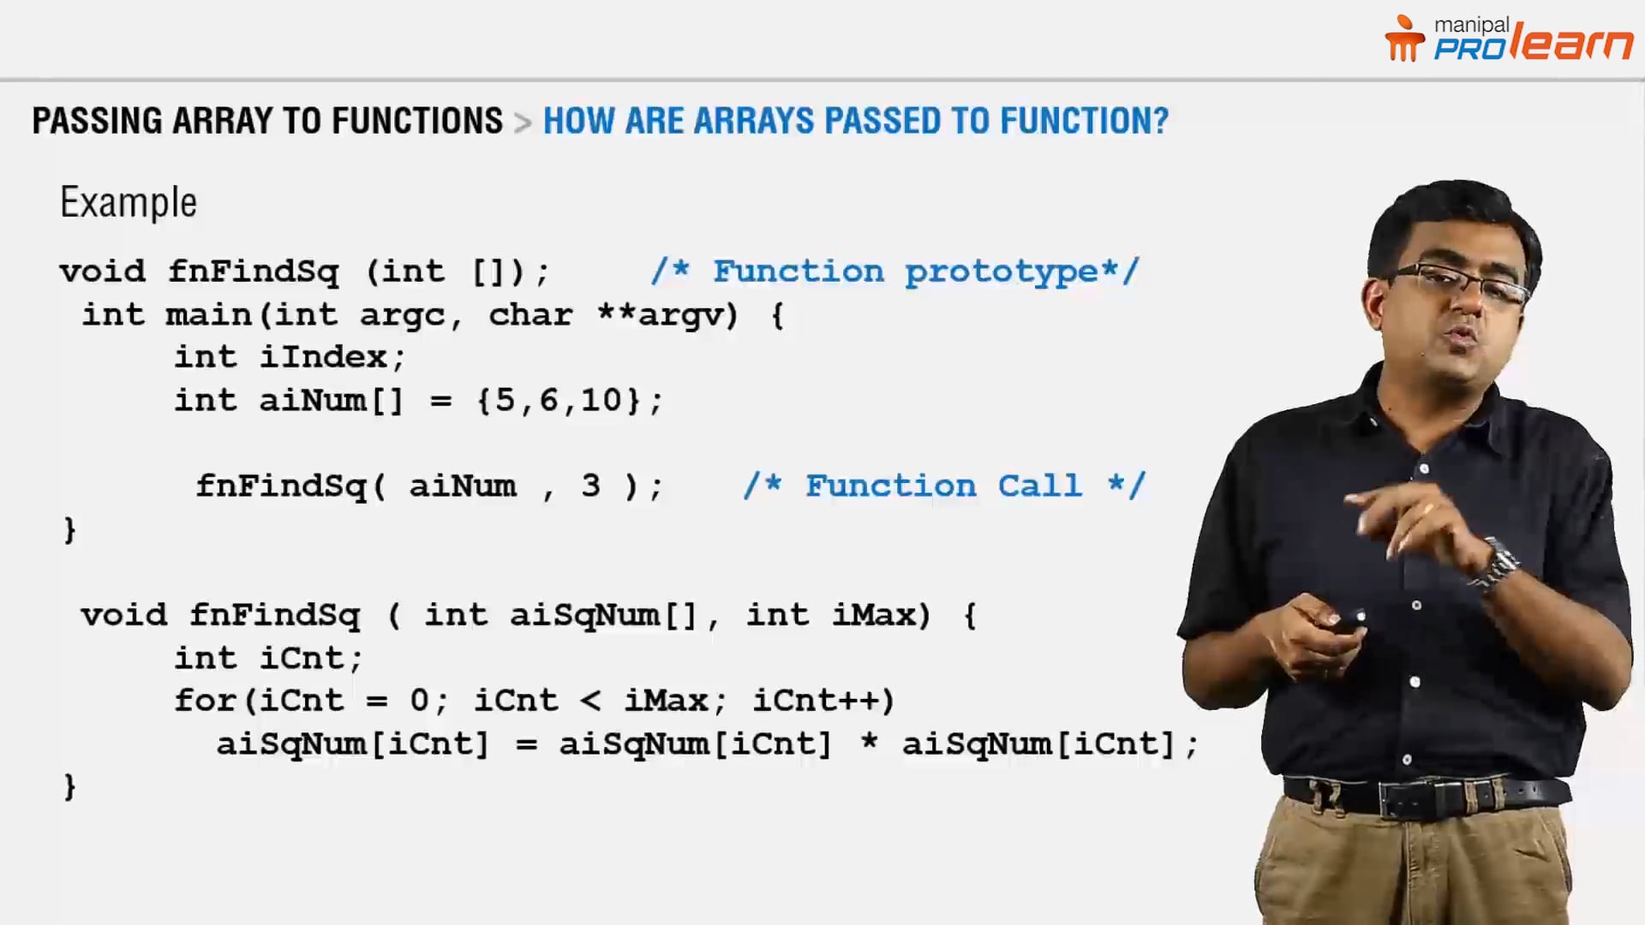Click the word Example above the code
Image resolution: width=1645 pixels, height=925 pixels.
click(x=129, y=203)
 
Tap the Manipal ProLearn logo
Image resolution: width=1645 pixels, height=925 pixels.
click(x=1509, y=40)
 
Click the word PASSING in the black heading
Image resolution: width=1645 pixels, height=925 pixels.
click(x=97, y=121)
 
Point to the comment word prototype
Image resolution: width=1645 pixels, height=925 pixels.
click(x=1002, y=272)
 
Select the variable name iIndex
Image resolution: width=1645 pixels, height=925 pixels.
click(x=323, y=357)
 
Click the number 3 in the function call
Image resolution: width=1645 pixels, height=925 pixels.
click(x=590, y=486)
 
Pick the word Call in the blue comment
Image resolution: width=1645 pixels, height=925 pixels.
click(x=1039, y=486)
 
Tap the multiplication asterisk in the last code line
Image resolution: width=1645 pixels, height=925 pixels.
click(x=869, y=742)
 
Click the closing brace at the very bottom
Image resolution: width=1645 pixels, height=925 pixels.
click(x=70, y=786)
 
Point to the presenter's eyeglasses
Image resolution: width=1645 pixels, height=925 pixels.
click(x=1457, y=283)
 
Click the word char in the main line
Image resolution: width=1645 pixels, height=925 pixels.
click(x=530, y=315)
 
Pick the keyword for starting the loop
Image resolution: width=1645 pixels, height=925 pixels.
click(x=205, y=701)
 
